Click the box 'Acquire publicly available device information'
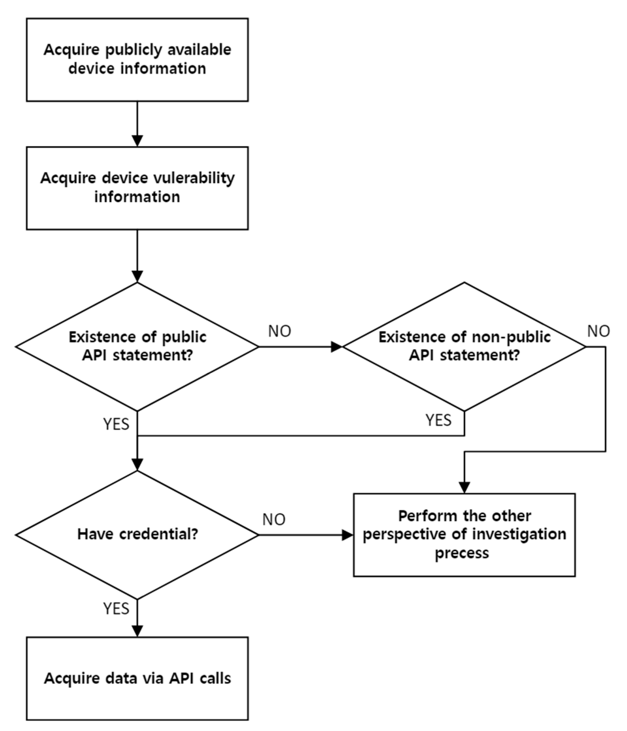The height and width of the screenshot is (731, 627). pyautogui.click(x=137, y=60)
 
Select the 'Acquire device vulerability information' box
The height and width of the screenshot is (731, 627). pyautogui.click(x=137, y=188)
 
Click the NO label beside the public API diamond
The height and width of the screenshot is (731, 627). pyautogui.click(x=279, y=331)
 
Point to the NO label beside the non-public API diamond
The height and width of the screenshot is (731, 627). pyautogui.click(x=598, y=331)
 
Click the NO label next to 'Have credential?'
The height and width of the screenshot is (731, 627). pyautogui.click(x=274, y=519)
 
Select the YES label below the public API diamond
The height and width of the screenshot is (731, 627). pyautogui.click(x=116, y=424)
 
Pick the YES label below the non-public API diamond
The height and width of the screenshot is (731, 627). pyautogui.click(x=438, y=420)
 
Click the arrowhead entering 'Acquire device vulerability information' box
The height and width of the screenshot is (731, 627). pyautogui.click(x=137, y=141)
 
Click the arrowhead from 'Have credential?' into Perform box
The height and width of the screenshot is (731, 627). pyautogui.click(x=348, y=535)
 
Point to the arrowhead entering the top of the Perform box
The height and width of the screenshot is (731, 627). pyautogui.click(x=464, y=488)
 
